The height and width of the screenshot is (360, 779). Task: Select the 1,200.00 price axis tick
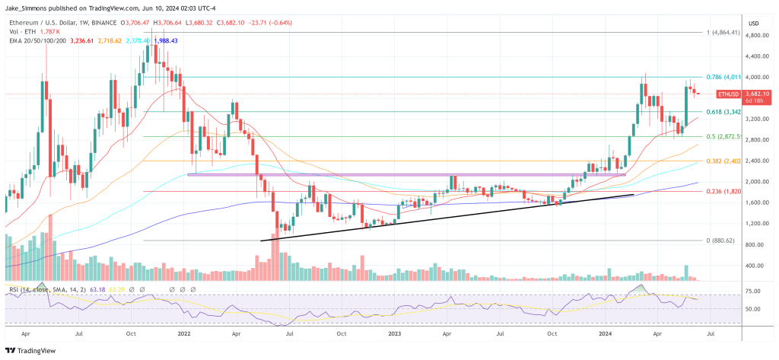755,224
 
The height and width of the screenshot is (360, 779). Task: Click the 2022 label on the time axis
183,333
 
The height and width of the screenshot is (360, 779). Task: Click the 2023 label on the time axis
393,333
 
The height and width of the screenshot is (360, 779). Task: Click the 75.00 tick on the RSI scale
753,291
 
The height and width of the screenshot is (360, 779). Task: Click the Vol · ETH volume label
21,31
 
